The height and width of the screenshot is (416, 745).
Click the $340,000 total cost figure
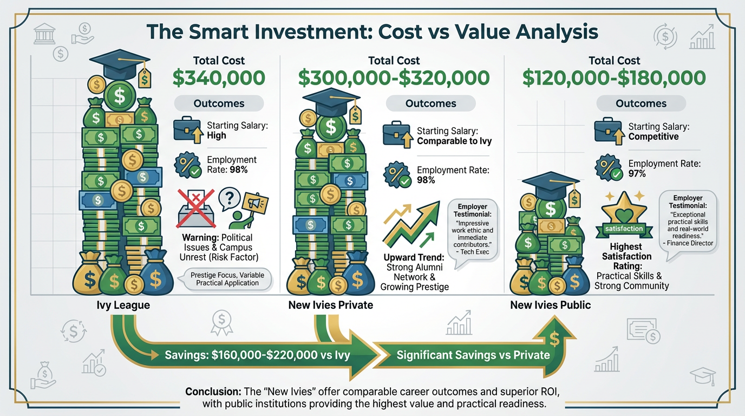[x=219, y=78]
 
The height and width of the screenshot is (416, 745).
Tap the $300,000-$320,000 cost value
[x=394, y=78]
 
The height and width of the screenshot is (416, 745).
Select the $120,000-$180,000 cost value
[x=614, y=78]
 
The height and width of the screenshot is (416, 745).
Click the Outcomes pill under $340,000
[x=219, y=103]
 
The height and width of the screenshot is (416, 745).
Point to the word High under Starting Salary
[x=217, y=135]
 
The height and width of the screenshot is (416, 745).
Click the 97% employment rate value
[x=637, y=173]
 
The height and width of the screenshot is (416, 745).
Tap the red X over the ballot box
[x=195, y=209]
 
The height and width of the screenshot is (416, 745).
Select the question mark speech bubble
[x=229, y=199]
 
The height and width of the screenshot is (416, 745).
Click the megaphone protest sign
[x=256, y=203]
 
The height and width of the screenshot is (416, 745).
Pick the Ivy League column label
[x=123, y=305]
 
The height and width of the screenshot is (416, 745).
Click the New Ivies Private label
[x=331, y=305]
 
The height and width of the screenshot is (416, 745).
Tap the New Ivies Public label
[x=551, y=305]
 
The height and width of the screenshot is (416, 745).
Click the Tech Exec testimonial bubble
[x=472, y=231]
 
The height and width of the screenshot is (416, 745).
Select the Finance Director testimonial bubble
[x=688, y=223]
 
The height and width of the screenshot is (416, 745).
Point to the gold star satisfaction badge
[x=624, y=216]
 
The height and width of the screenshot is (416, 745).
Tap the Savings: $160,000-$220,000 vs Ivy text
[x=257, y=355]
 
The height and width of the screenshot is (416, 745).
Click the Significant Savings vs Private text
[x=473, y=355]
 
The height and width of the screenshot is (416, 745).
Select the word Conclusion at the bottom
[x=213, y=392]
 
